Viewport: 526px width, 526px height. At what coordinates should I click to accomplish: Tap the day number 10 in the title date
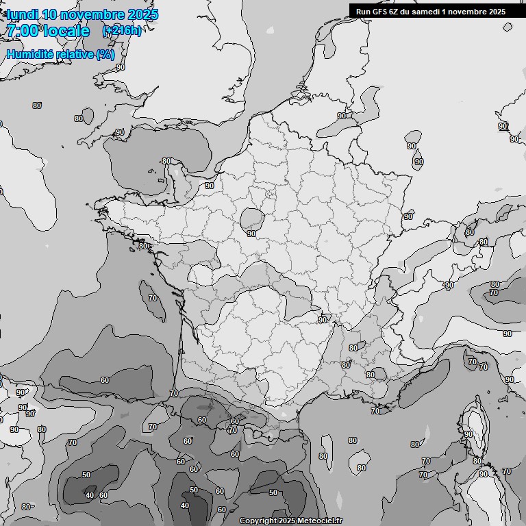(49, 14)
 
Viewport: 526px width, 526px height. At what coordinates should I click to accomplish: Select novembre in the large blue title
(92, 14)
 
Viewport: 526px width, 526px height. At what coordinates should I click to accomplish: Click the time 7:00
(22, 30)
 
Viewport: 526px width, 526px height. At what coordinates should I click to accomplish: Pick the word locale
(66, 30)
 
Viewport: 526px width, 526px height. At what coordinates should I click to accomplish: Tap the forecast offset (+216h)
(122, 30)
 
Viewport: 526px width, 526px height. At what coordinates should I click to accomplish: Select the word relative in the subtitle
(75, 54)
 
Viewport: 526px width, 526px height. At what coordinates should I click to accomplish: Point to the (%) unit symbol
(105, 54)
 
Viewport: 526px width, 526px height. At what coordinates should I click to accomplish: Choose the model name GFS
(381, 11)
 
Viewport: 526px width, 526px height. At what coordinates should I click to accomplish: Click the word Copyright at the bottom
(258, 521)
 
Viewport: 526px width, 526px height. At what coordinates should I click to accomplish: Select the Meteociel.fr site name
(321, 521)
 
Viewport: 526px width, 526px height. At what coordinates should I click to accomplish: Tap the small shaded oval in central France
(252, 218)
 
